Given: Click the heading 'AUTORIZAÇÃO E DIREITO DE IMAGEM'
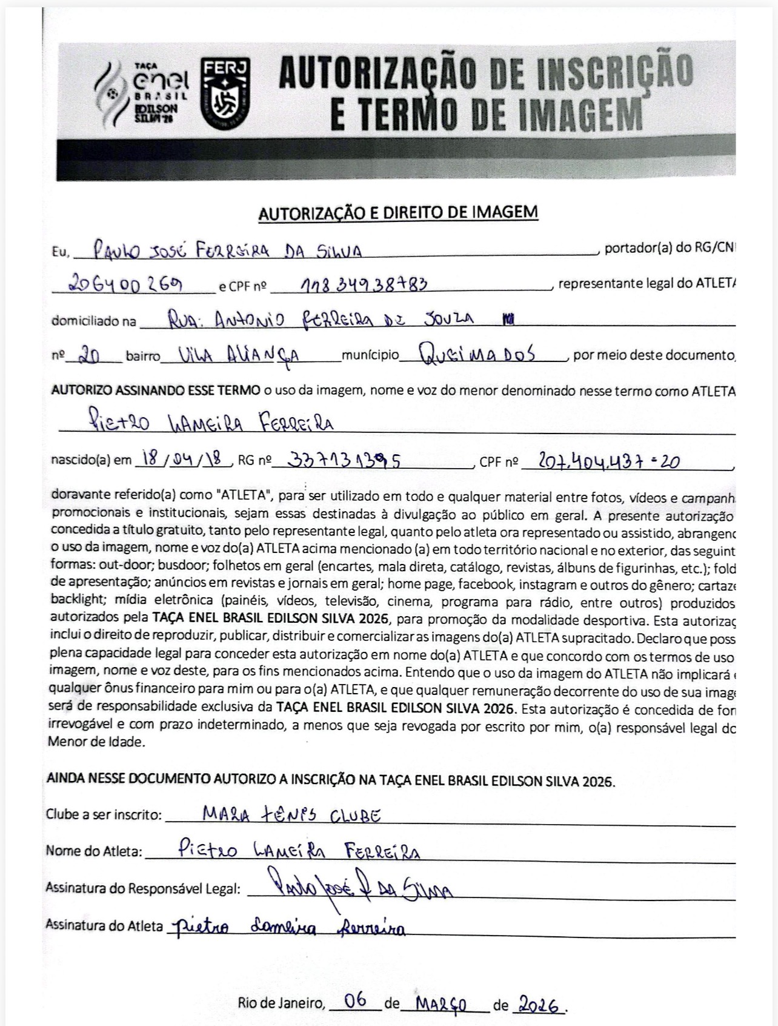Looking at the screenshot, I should coord(398,212).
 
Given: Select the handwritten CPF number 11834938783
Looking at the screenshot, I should coord(363,283).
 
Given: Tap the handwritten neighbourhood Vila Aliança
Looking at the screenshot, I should coord(238,355).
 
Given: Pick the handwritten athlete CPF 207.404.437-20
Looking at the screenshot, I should coord(599,462).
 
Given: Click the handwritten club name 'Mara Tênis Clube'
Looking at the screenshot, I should coord(291,814).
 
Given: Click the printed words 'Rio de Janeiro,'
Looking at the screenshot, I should coord(282,1004).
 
